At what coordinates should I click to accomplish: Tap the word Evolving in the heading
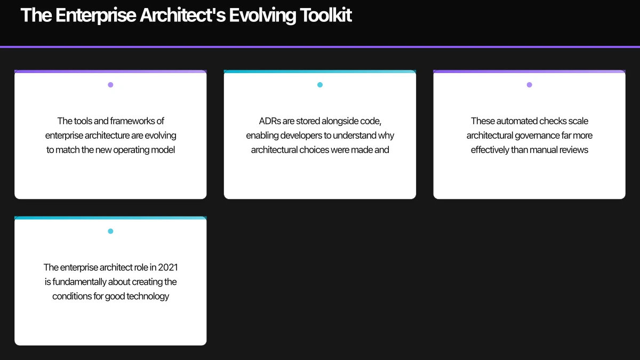(254, 15)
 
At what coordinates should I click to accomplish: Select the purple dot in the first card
(110, 85)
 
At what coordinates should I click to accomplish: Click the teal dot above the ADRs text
(320, 85)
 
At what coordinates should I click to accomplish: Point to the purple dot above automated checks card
(529, 85)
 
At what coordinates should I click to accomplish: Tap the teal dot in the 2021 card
(110, 231)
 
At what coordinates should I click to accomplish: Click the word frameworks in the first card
(132, 121)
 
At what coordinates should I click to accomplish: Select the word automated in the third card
(518, 121)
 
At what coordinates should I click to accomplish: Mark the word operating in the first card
(132, 150)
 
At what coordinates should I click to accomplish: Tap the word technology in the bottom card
(147, 296)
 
